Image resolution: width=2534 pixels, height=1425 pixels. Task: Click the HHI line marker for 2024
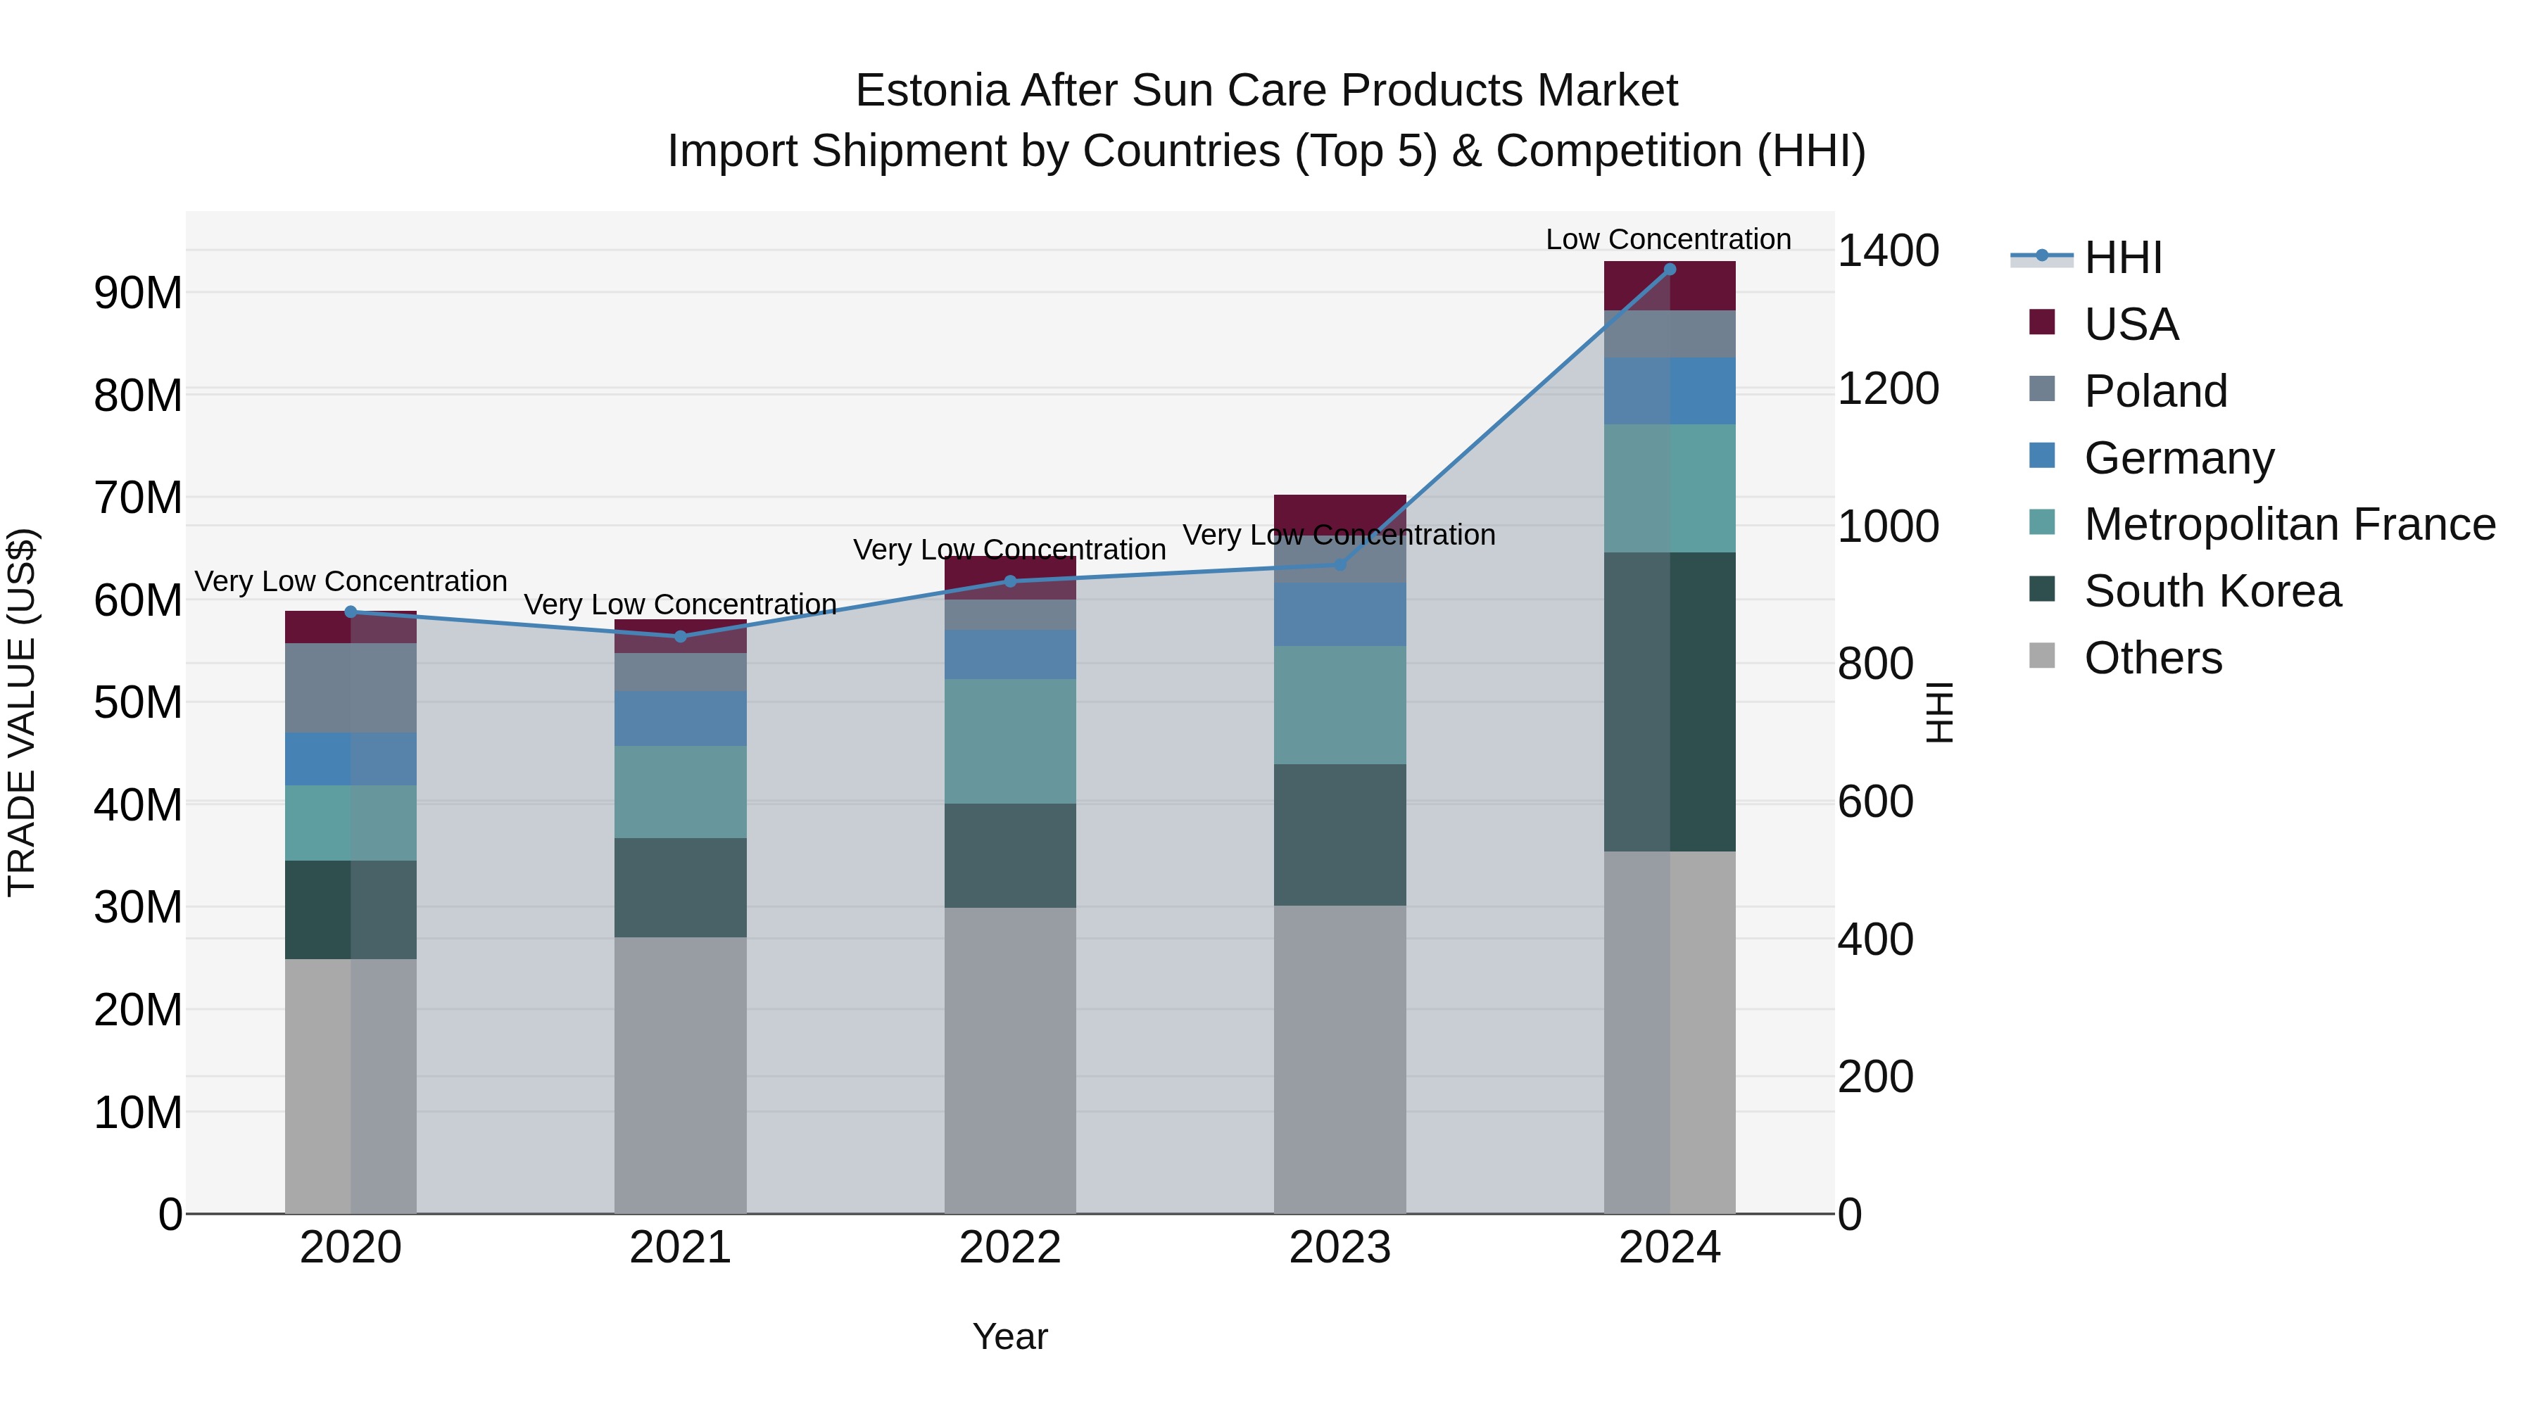[x=1670, y=270]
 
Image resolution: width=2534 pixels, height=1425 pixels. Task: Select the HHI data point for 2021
[x=681, y=636]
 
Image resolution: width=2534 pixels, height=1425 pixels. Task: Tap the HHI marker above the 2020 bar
[x=351, y=612]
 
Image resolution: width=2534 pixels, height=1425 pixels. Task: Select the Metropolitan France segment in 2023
[x=1340, y=704]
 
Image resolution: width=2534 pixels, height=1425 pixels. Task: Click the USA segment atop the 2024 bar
[x=1670, y=285]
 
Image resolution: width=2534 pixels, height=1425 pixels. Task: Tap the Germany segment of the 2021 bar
[x=681, y=718]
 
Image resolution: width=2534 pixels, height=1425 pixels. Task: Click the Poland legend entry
[x=2155, y=391]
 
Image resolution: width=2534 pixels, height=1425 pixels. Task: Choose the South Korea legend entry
[x=2212, y=591]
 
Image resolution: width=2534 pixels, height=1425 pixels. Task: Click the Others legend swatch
[x=2042, y=656]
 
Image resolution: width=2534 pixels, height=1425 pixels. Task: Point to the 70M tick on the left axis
[x=138, y=498]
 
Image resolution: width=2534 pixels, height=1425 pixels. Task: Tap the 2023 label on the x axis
[x=1340, y=1248]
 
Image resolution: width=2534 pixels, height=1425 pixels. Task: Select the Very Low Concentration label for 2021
[x=680, y=604]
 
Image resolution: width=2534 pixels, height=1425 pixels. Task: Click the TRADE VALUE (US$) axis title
[x=22, y=712]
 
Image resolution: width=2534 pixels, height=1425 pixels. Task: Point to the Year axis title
[x=1010, y=1336]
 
